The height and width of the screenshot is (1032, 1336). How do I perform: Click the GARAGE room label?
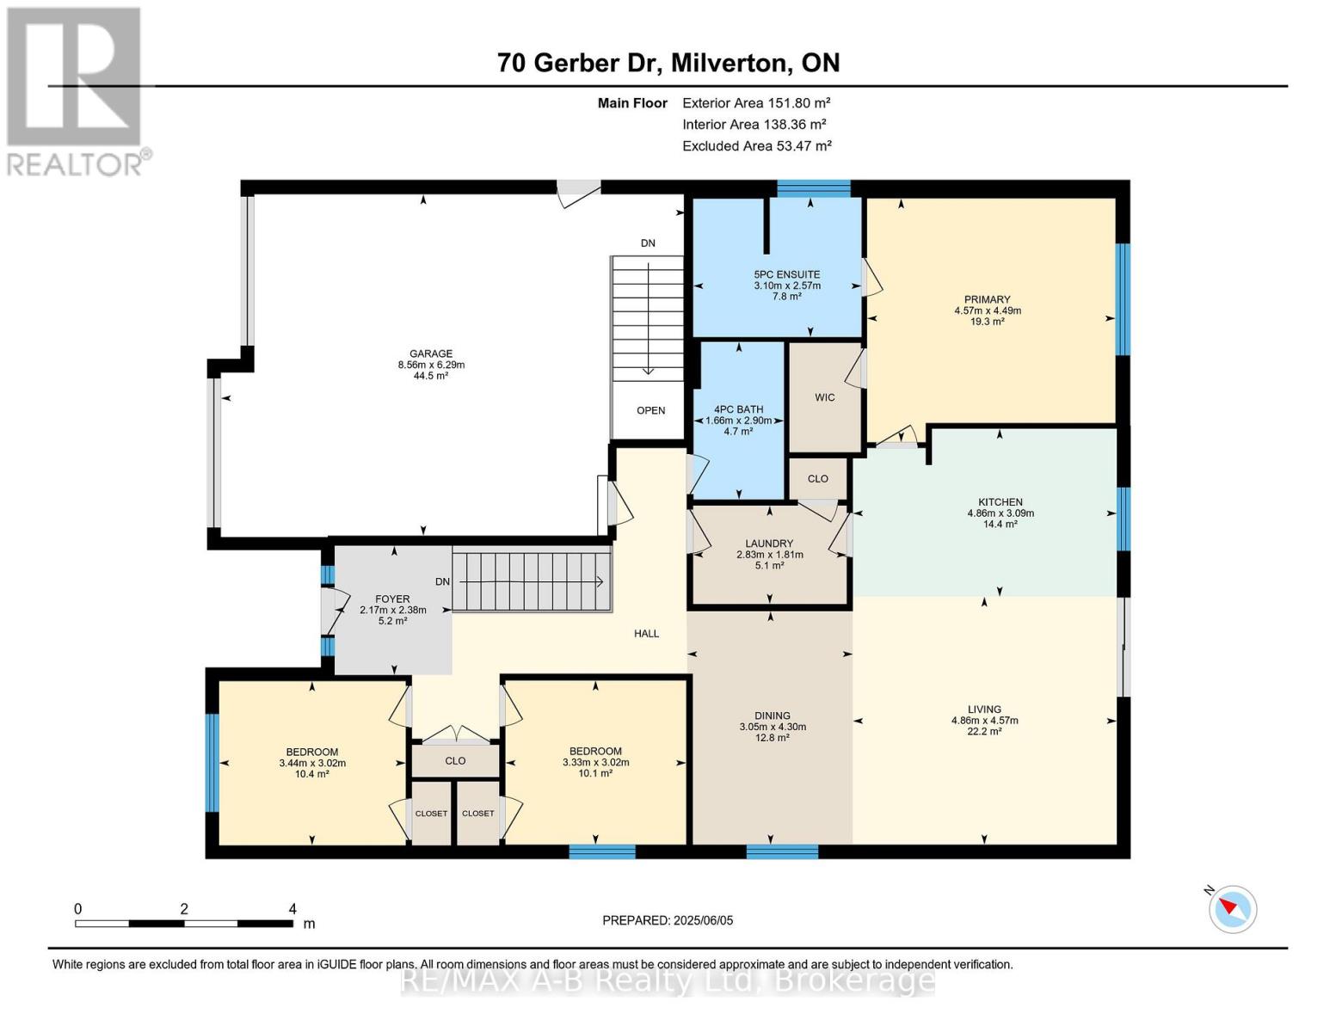(x=430, y=353)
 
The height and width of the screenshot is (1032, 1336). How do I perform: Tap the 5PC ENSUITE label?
(x=786, y=274)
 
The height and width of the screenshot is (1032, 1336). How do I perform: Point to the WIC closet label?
(x=824, y=397)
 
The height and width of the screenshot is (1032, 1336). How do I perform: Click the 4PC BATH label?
(x=738, y=409)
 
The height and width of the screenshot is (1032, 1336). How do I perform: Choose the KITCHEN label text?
(x=1000, y=502)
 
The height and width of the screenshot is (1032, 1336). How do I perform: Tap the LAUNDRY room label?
(x=769, y=544)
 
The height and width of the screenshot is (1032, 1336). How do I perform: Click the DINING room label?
(x=772, y=716)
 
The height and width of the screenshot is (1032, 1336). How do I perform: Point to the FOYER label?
(x=392, y=599)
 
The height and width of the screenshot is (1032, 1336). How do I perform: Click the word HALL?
(x=646, y=634)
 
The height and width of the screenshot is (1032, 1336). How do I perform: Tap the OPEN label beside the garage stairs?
(x=650, y=410)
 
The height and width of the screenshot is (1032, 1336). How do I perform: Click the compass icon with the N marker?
(x=1232, y=908)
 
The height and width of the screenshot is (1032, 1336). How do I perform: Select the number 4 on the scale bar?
(x=292, y=909)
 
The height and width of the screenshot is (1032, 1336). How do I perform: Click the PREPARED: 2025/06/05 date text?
(x=668, y=920)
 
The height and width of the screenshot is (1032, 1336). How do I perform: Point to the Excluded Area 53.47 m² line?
(x=756, y=146)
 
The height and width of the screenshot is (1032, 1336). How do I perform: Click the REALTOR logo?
(x=76, y=90)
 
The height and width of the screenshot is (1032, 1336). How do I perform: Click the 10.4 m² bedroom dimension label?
(x=311, y=774)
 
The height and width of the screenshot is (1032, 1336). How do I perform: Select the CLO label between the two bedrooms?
(x=455, y=760)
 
